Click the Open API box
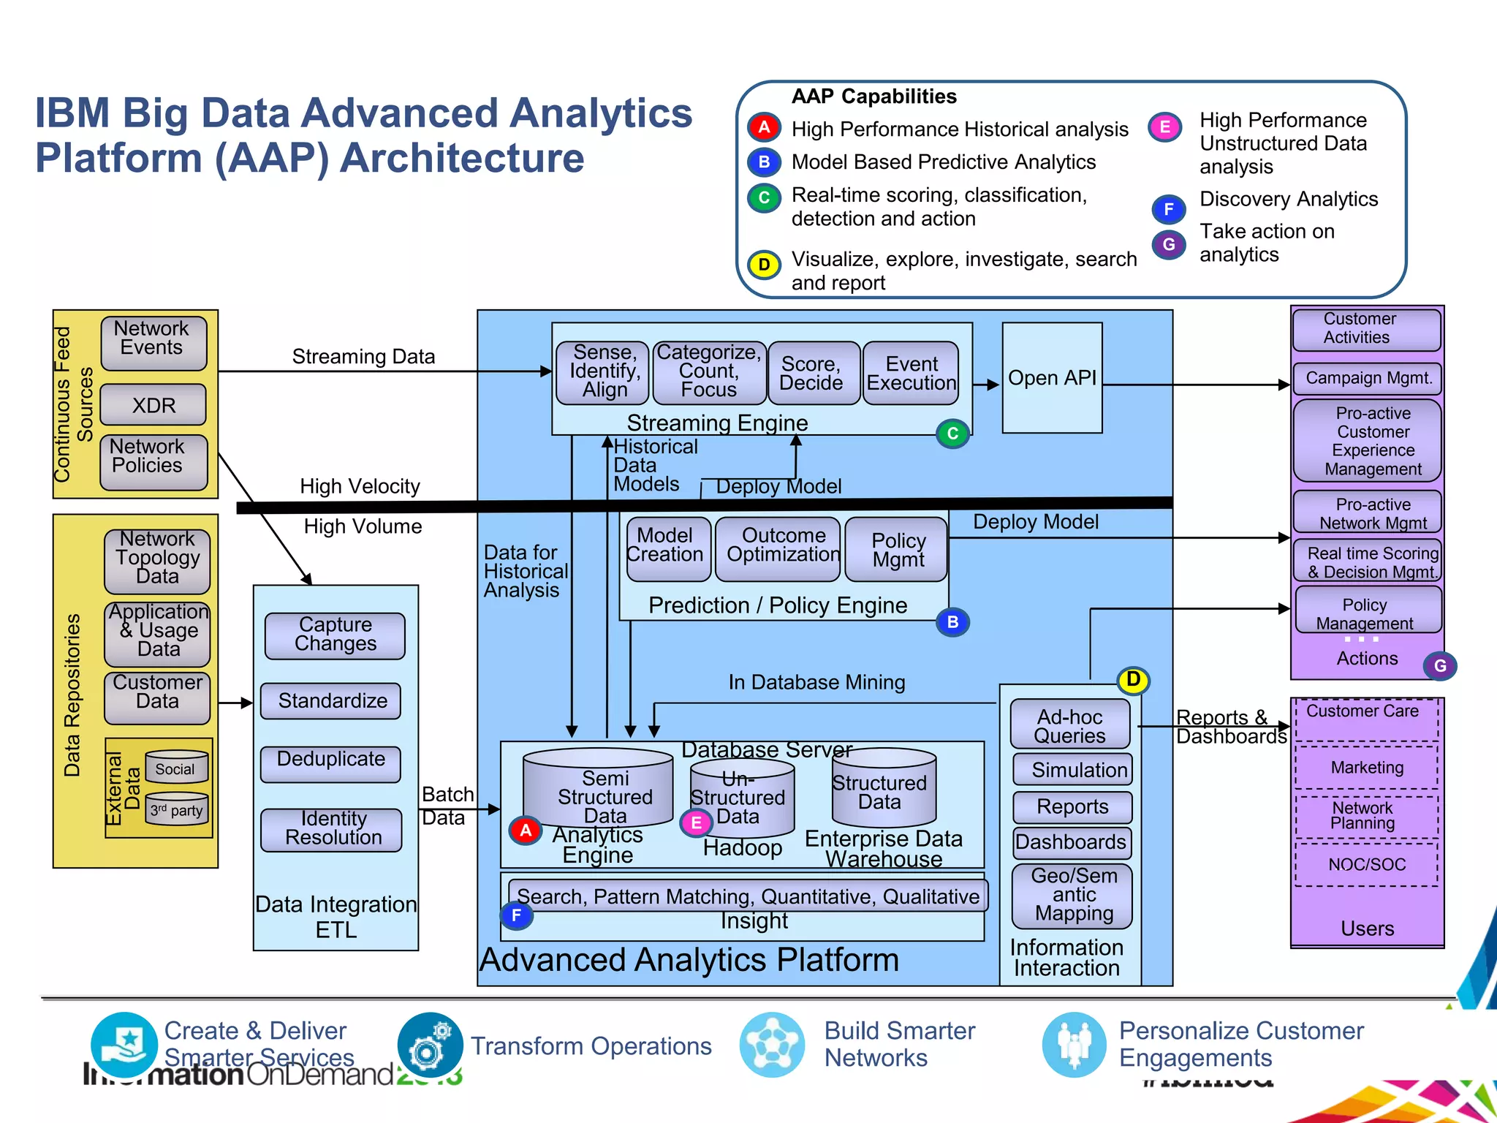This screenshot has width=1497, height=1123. (x=1052, y=378)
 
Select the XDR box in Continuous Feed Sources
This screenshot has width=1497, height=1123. (x=154, y=405)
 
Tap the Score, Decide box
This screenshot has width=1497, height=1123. (x=811, y=374)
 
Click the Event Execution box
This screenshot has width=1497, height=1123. (x=911, y=374)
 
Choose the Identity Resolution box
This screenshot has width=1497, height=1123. (x=332, y=829)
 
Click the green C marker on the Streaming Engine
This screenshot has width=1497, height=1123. (x=952, y=434)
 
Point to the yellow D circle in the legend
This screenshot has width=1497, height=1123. (x=764, y=265)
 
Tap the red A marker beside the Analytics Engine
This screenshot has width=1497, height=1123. (x=525, y=831)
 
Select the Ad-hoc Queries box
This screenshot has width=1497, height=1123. (x=1069, y=725)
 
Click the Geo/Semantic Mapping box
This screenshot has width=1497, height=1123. (x=1072, y=895)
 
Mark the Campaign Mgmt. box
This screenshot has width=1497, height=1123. (x=1368, y=378)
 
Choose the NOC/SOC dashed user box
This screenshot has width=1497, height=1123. (x=1366, y=865)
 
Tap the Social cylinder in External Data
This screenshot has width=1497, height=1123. (x=176, y=768)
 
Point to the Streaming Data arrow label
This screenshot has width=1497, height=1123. (x=363, y=357)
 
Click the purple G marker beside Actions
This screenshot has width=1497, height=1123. (x=1439, y=665)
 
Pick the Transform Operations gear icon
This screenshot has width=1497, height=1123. (x=430, y=1046)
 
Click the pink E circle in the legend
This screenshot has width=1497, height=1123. (x=1164, y=127)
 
